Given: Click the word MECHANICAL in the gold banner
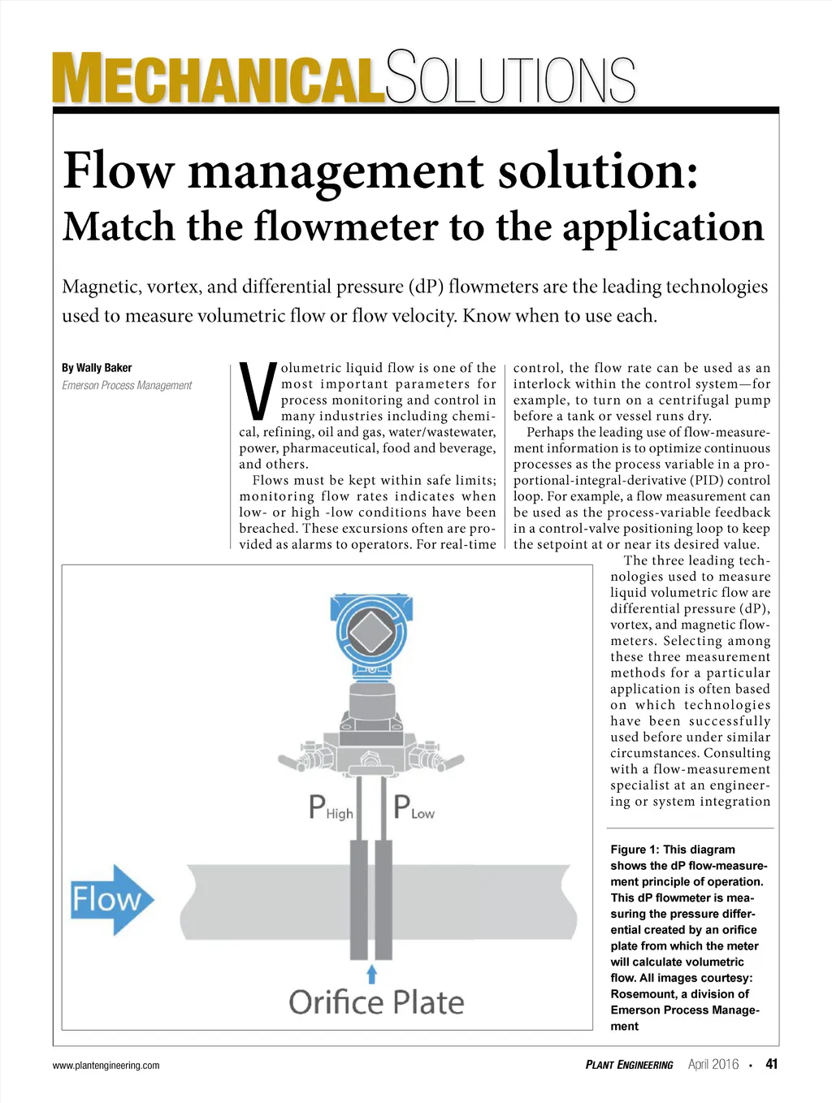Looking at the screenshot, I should (218, 79).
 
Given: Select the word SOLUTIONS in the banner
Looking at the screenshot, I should (510, 79).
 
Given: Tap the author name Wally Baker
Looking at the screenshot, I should (104, 368).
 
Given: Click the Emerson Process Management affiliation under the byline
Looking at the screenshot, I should (127, 386).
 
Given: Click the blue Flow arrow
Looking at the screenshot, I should (111, 899).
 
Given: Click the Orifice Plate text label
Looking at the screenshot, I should (376, 1002).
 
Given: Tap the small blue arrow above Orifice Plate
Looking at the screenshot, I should (372, 973).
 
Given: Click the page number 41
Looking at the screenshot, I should (771, 1064).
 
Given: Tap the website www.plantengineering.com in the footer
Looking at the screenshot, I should (106, 1066).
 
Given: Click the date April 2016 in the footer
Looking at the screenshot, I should (713, 1065).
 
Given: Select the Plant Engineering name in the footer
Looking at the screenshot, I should (629, 1065).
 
